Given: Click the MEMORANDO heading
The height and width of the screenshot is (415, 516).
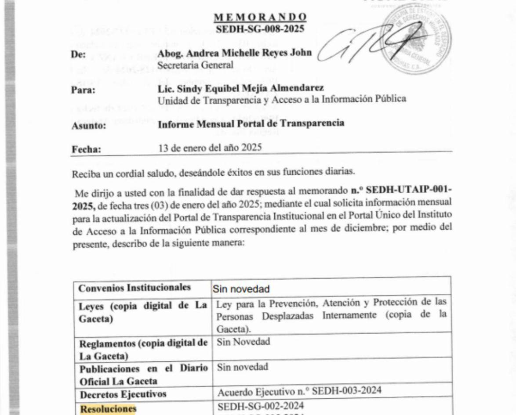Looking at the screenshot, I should [260, 17].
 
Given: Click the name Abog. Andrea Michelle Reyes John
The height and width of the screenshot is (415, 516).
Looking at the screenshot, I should [235, 53].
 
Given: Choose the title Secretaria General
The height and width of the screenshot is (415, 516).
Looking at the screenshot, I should [190, 65].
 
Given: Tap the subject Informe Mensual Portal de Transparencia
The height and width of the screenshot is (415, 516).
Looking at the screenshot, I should [251, 123].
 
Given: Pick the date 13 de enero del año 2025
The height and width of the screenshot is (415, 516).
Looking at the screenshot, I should [210, 148].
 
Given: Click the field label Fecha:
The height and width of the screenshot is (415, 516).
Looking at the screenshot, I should [86, 150].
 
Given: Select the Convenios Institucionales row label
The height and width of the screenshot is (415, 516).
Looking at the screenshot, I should [134, 287].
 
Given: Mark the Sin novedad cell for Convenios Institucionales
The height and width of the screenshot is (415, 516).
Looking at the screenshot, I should [241, 289].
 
